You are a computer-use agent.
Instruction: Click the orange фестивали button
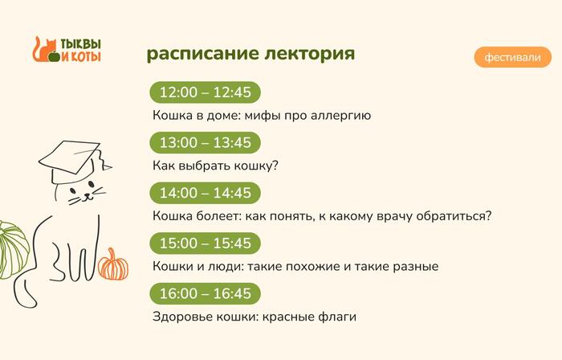point(512,58)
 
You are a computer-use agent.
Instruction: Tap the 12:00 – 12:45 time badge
point(206,92)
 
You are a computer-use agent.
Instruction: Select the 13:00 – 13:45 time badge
point(206,142)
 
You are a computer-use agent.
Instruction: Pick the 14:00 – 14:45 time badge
point(206,193)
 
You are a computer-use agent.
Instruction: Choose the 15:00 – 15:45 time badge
point(206,243)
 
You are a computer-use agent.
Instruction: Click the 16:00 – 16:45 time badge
point(206,292)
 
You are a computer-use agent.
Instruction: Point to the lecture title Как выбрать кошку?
point(215,166)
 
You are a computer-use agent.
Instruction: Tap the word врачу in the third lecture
point(397,216)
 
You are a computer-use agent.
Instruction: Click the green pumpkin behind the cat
point(11,249)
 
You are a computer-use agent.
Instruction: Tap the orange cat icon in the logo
point(42,51)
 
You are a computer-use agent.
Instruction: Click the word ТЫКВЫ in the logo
point(81,44)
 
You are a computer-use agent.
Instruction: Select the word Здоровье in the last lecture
point(181,317)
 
